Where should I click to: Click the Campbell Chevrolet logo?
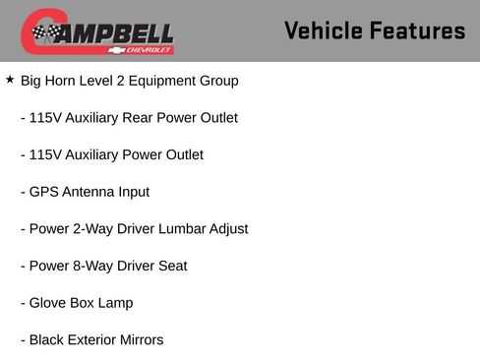[x=97, y=32]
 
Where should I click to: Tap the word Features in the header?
[x=417, y=30]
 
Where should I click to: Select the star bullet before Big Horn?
[x=10, y=80]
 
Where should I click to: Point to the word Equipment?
[x=170, y=81]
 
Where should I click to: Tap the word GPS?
[x=44, y=192]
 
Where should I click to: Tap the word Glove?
[x=48, y=303]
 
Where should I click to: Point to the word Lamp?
[x=115, y=303]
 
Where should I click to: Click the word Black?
[x=47, y=340]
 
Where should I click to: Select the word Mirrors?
[x=138, y=340]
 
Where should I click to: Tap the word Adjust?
[x=226, y=229]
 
